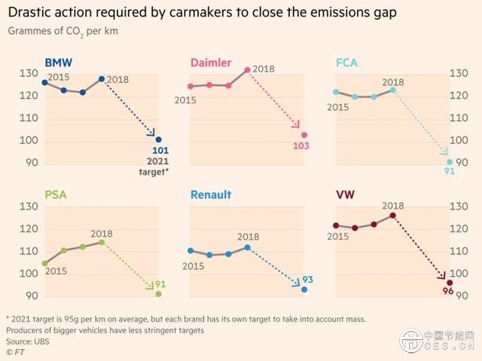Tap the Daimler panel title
[x=211, y=63]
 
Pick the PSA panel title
[x=55, y=195]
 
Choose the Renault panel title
[x=211, y=195]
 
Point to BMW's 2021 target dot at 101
[x=158, y=139]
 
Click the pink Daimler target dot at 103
[x=304, y=135]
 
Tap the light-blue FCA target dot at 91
[x=450, y=162]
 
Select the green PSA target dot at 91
[x=158, y=294]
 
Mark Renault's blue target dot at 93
[x=304, y=289]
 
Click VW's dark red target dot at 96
[x=450, y=283]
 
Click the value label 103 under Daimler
[x=301, y=146]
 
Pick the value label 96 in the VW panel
[x=447, y=292]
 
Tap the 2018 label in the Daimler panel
[x=264, y=69]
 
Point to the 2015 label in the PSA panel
[x=56, y=271]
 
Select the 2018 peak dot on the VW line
[x=392, y=216]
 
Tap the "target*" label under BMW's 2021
[x=153, y=172]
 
